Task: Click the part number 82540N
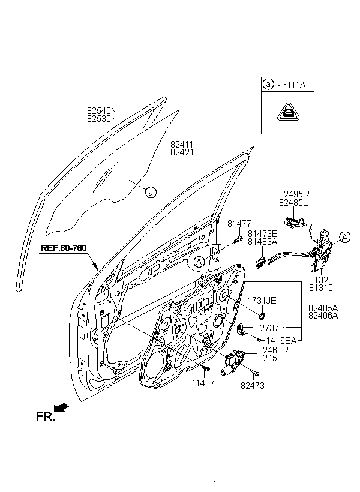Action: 101,111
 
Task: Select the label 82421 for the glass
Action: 182,152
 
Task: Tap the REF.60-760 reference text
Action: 64,248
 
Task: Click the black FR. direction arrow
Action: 61,407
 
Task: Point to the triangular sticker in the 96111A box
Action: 288,112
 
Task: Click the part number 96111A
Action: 291,85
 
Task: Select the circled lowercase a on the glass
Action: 151,192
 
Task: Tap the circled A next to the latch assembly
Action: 344,237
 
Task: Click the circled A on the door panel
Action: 199,262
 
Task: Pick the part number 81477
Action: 239,224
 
